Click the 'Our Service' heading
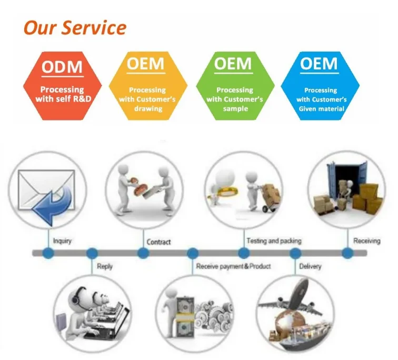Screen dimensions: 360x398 click(x=74, y=27)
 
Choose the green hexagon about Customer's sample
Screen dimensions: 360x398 click(x=234, y=84)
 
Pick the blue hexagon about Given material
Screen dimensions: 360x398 click(x=320, y=84)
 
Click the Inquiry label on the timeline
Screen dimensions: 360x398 click(x=62, y=241)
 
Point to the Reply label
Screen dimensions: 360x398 click(x=105, y=266)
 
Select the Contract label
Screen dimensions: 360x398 click(x=158, y=242)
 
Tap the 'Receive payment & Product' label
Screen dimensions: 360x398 click(x=233, y=266)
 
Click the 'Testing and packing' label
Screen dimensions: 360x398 click(x=274, y=241)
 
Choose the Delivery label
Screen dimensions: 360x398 click(x=310, y=266)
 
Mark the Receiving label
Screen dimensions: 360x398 click(x=366, y=241)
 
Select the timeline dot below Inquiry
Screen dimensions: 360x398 click(x=48, y=253)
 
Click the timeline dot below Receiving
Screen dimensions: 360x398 click(x=347, y=253)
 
